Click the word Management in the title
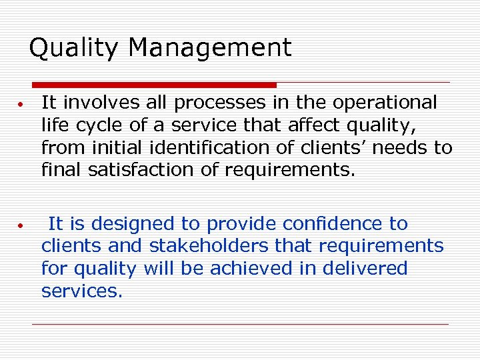tap(210, 48)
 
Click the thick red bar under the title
tap(154, 85)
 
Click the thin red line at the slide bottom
tap(240, 325)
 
